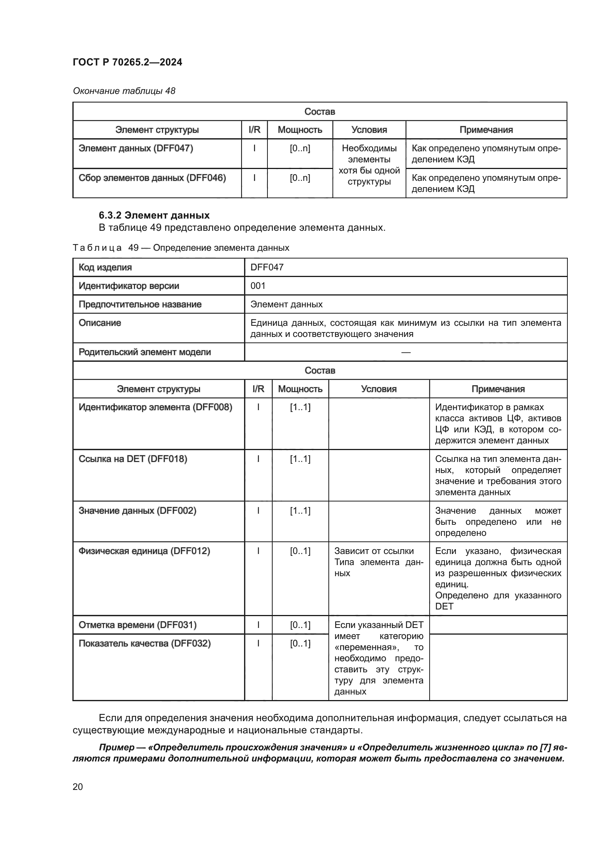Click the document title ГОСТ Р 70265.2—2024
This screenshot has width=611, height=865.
[x=127, y=62]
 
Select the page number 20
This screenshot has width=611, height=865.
[x=78, y=787]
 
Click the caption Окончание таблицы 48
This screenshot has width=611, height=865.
[x=124, y=91]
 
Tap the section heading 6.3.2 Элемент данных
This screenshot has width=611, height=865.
[x=154, y=215]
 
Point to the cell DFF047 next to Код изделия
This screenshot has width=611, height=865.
[x=267, y=267]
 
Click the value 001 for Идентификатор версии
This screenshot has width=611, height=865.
[x=258, y=285]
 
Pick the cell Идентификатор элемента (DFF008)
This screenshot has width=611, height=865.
[x=155, y=407]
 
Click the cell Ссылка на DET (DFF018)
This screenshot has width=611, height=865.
[x=133, y=459]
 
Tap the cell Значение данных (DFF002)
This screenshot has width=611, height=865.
[x=137, y=510]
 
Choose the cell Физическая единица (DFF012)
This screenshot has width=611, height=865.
[x=144, y=551]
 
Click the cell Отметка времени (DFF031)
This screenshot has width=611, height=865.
[x=137, y=625]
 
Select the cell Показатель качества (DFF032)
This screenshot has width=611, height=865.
[x=144, y=643]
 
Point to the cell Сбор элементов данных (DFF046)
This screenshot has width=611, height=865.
[x=152, y=178]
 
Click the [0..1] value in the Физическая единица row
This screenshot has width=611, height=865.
[x=300, y=551]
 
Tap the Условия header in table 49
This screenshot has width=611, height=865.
[x=379, y=389]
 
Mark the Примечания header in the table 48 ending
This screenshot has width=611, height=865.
[x=486, y=129]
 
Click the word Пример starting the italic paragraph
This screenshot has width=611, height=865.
[x=116, y=747]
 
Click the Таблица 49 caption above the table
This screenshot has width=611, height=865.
[x=181, y=247]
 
